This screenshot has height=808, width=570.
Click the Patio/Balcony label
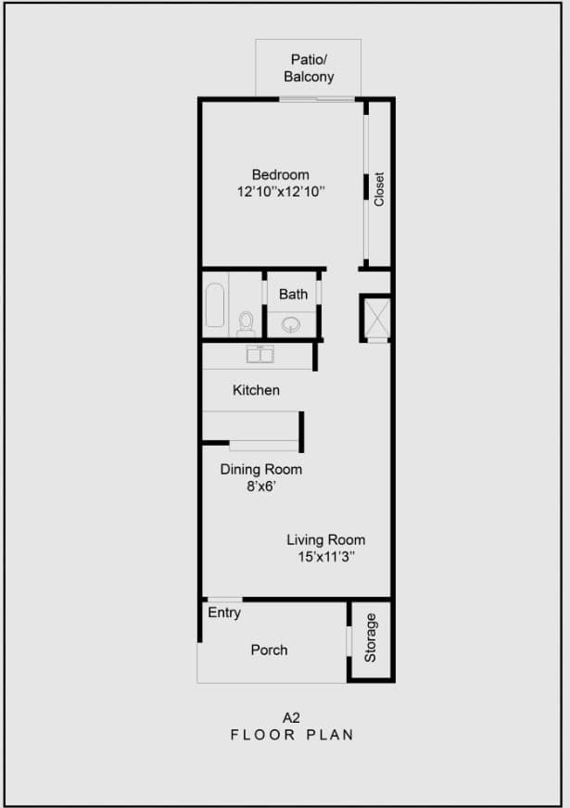(x=309, y=69)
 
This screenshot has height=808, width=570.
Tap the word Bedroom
(x=281, y=174)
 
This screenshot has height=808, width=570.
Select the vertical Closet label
(x=378, y=189)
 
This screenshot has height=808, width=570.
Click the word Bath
(x=293, y=295)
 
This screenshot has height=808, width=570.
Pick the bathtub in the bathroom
(x=215, y=306)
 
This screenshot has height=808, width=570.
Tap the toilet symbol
(x=246, y=322)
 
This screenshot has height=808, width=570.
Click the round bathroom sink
(x=293, y=324)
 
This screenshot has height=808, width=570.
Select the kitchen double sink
(x=260, y=353)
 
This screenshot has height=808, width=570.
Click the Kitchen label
(x=256, y=390)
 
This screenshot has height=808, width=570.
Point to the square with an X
(x=376, y=317)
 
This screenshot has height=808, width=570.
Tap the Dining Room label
(x=260, y=469)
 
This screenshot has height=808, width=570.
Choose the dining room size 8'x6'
(x=261, y=486)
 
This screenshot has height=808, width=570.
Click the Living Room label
(x=325, y=539)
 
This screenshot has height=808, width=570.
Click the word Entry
(x=224, y=612)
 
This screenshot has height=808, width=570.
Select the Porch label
(x=269, y=650)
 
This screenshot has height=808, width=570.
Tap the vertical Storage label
(x=371, y=638)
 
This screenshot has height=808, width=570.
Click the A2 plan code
(x=292, y=716)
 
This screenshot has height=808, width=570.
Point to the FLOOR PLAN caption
(x=292, y=734)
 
